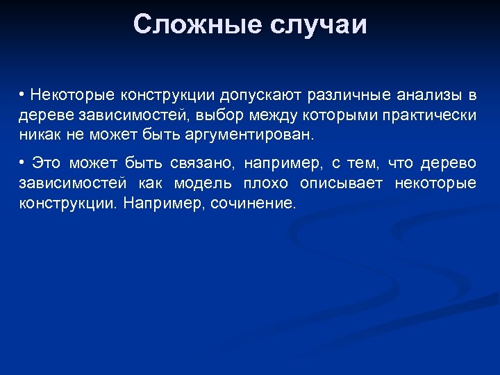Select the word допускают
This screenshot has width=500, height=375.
(x=265, y=94)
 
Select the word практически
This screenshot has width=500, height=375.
(x=431, y=114)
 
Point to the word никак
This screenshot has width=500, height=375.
(x=38, y=133)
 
